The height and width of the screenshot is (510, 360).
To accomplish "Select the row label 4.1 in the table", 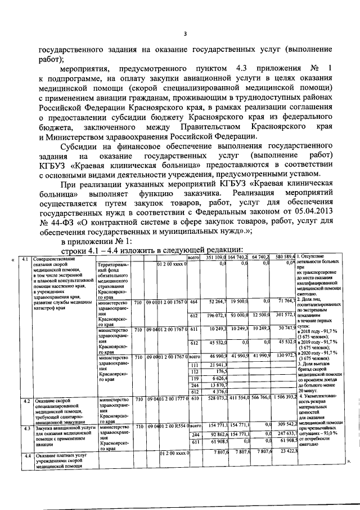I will tap(25, 259).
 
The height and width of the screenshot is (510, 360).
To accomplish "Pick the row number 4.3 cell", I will tap(25, 428).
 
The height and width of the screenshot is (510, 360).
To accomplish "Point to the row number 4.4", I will tap(25, 455).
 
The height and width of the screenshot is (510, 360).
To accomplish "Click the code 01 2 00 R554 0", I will tap(172, 427).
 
